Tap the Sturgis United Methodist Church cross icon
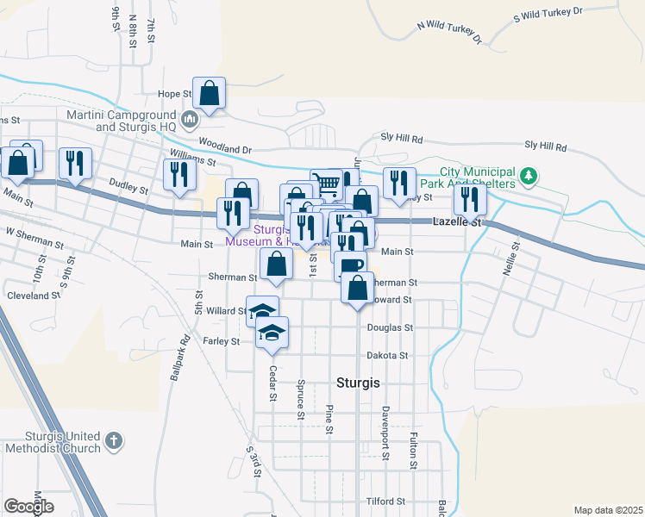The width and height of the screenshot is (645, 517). coord(113,442)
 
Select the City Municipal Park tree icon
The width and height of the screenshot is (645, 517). coord(528,178)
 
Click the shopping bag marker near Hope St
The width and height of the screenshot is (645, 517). coord(209,92)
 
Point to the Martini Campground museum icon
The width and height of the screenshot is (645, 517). coord(191,118)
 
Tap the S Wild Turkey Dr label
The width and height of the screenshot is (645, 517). coord(548,15)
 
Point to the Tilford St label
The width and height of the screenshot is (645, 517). coord(385,501)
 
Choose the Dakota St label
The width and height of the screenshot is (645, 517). coord(387,355)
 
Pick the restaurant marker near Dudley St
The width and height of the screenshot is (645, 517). coord(179,176)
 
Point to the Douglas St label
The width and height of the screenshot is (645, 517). coord(391,328)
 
